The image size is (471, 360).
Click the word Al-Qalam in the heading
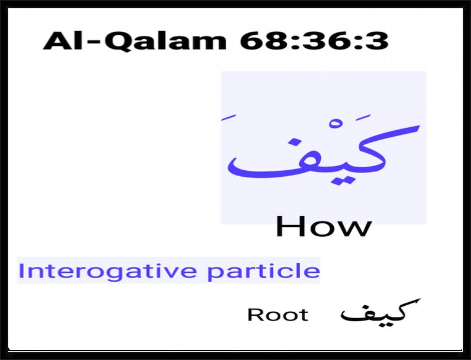pos(135,41)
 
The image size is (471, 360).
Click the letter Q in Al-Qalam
pos(120,41)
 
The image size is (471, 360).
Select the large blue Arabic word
pos(323,150)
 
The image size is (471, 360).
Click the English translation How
pos(323,226)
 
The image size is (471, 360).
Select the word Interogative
pos(108,271)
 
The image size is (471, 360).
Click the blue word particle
pos(264,271)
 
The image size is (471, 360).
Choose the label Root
pos(278,315)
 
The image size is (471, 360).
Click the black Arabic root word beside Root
pos(380,312)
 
